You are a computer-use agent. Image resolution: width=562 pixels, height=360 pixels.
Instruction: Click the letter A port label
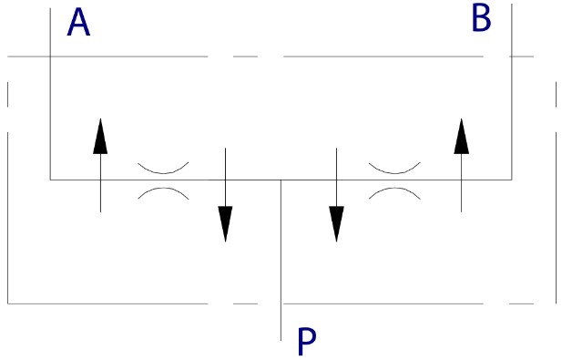(78, 23)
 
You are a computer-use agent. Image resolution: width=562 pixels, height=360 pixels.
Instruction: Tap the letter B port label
(481, 19)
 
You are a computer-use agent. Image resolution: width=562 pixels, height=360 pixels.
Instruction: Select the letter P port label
(307, 342)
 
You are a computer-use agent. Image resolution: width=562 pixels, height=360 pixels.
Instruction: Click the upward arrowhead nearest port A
(100, 137)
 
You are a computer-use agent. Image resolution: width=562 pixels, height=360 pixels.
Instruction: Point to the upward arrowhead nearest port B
(461, 137)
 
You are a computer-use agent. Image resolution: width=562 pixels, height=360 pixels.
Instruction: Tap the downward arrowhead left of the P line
(226, 223)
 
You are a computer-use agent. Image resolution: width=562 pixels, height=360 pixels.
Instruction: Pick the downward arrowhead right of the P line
(336, 223)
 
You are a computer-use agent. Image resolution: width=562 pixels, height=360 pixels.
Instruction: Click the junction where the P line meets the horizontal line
(281, 180)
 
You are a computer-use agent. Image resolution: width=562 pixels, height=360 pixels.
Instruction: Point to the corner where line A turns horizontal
(50, 180)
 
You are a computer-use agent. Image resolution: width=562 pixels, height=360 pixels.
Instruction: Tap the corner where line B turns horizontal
(512, 180)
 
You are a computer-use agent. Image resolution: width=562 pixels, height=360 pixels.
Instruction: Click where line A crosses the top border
(50, 57)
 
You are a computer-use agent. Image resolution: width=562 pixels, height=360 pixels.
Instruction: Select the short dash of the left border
(8, 94)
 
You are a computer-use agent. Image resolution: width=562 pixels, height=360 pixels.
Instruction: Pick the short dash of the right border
(557, 94)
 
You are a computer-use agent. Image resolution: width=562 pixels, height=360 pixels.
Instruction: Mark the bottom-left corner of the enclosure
(8, 303)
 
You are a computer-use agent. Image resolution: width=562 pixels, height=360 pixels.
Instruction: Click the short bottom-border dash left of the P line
(246, 303)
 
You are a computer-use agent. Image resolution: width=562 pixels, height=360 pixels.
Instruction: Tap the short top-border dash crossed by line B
(522, 57)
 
